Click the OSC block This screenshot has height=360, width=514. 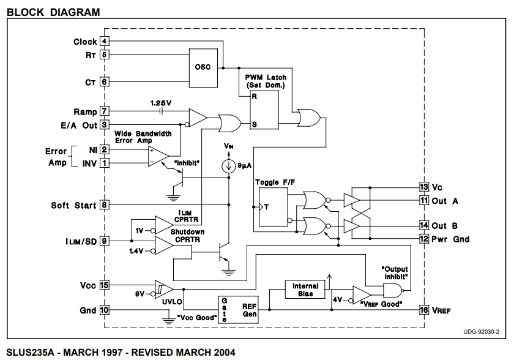click(x=203, y=67)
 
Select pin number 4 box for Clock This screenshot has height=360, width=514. click(x=105, y=42)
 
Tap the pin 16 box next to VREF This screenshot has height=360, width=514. click(x=423, y=310)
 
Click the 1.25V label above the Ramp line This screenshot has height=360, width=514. click(x=161, y=102)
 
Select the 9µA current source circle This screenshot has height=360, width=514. click(x=228, y=166)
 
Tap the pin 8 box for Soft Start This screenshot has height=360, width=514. click(x=105, y=205)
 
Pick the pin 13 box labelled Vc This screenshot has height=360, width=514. click(x=423, y=186)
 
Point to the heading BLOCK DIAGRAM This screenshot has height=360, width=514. click(x=53, y=12)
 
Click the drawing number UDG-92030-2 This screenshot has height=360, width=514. click(x=481, y=331)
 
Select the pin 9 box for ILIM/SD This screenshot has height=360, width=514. click(x=105, y=241)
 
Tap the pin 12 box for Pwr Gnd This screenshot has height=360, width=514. click(x=423, y=239)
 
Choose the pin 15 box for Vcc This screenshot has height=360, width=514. click(x=105, y=285)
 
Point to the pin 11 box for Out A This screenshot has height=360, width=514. click(x=423, y=200)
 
